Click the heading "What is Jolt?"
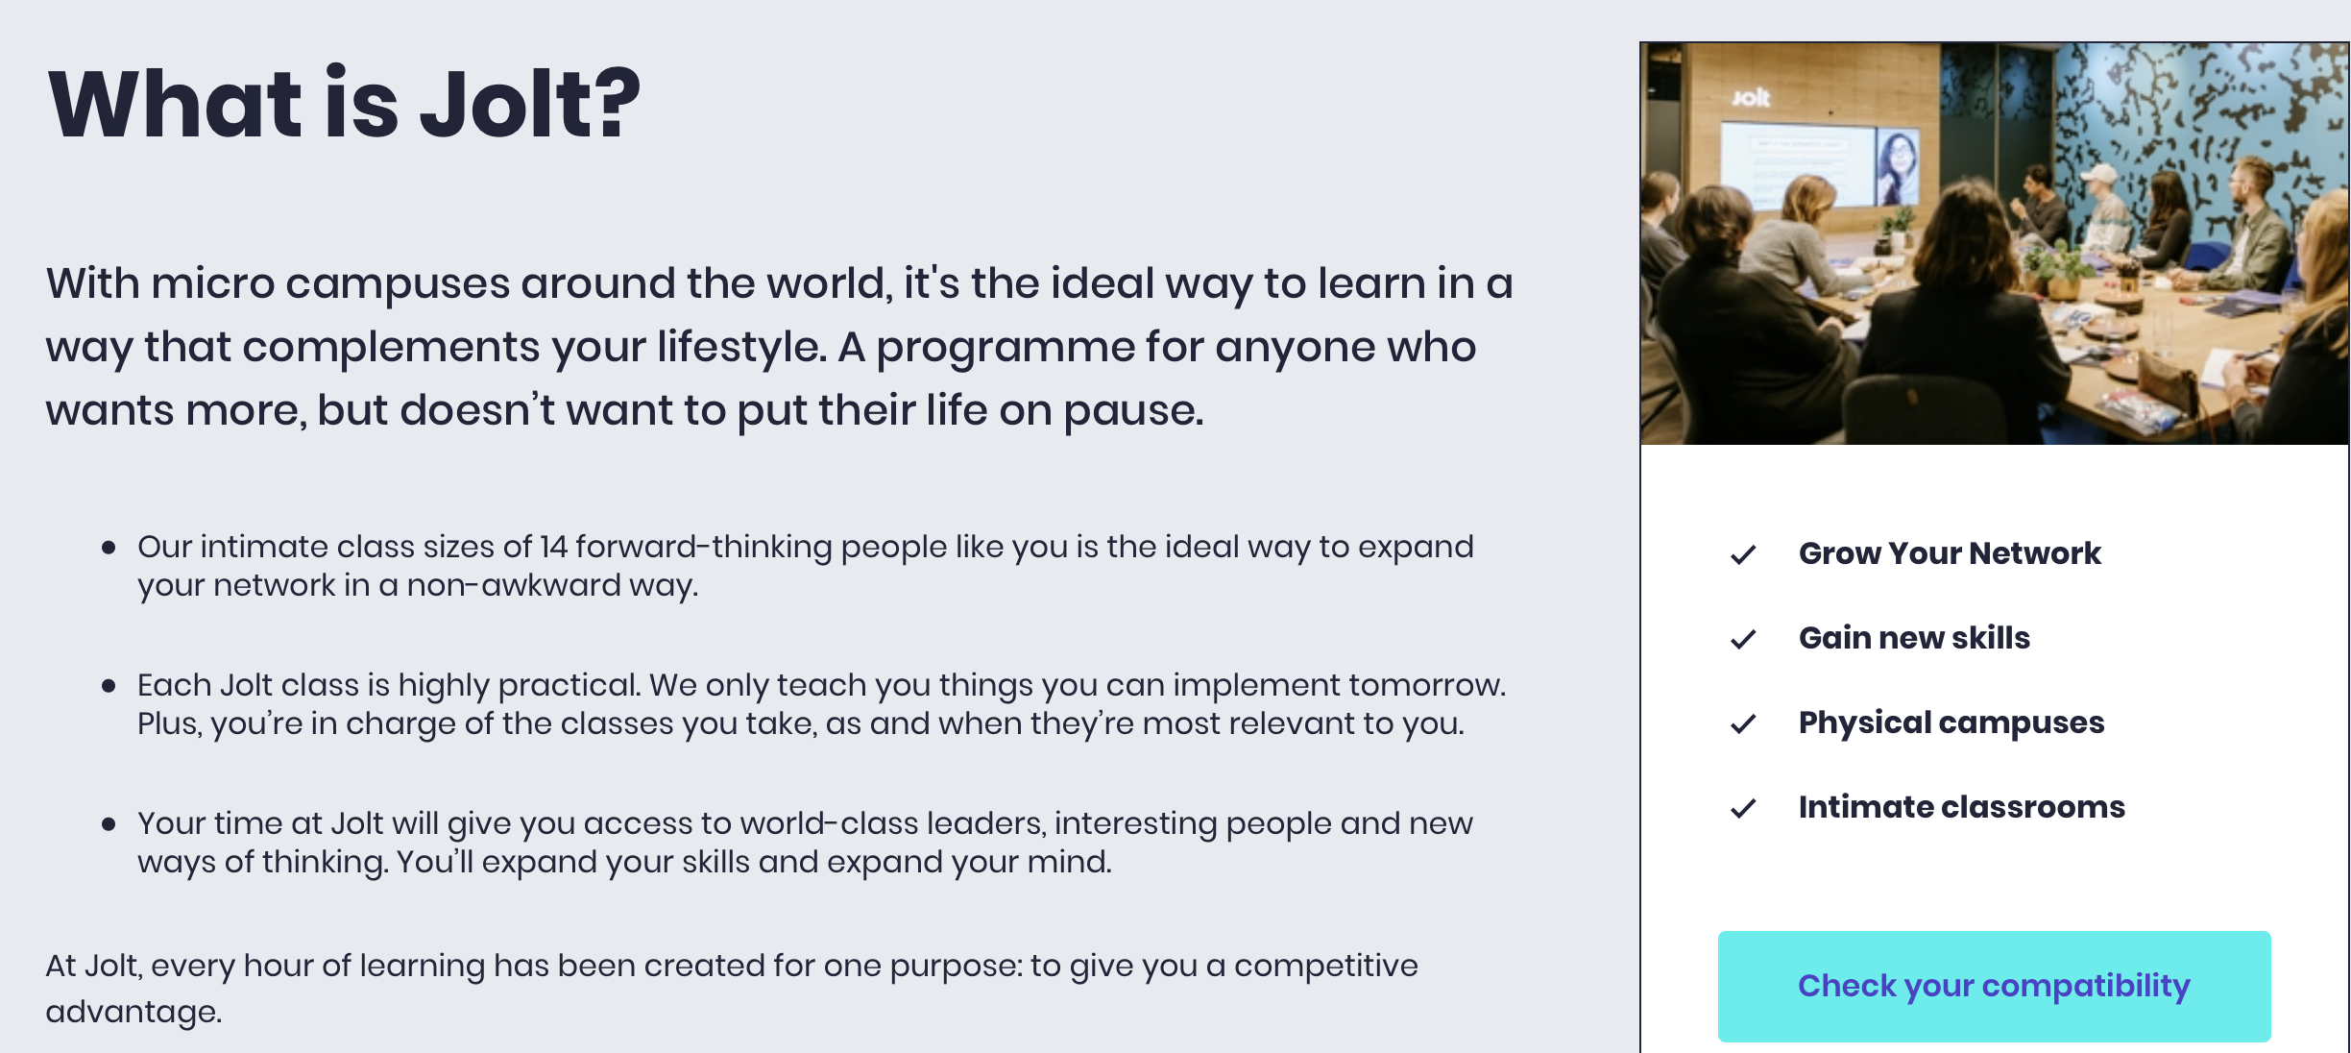tap(344, 104)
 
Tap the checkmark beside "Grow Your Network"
tap(1743, 554)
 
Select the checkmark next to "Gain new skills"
tap(1743, 639)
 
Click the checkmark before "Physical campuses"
tap(1743, 723)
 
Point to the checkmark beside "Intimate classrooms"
tap(1743, 808)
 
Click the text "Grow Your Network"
tap(1950, 553)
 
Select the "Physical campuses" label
tap(1951, 722)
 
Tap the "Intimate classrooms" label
tap(1962, 807)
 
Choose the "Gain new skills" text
tap(1914, 638)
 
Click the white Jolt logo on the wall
tap(1751, 97)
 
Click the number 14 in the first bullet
tap(553, 547)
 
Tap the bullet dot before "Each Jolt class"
tap(109, 686)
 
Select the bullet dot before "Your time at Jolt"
tap(109, 824)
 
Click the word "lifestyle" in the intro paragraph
tap(739, 347)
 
